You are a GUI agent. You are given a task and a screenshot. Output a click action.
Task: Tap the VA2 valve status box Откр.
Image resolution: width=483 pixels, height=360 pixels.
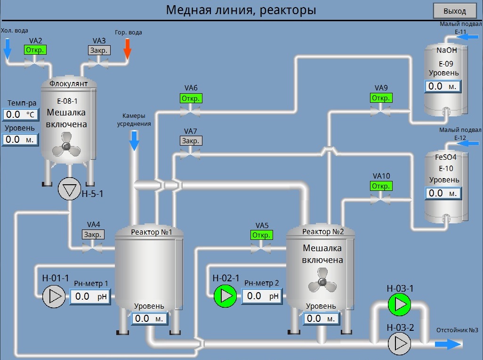tap(35, 50)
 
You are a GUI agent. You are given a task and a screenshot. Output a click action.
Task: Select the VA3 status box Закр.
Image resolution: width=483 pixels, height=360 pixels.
tap(99, 50)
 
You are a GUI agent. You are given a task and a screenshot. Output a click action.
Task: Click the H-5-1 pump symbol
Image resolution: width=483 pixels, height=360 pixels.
tap(70, 190)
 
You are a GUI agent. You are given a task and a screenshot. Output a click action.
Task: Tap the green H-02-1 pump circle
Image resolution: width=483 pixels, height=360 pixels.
tap(225, 296)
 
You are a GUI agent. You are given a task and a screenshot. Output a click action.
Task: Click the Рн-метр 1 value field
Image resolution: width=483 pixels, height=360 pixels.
tap(90, 296)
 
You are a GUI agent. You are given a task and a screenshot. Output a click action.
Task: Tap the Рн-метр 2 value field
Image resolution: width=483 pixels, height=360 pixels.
tap(261, 296)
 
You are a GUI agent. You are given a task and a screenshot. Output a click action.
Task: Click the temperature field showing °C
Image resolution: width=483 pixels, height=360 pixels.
tap(20, 115)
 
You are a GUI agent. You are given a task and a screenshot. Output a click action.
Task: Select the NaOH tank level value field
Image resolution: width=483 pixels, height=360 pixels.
tap(443, 86)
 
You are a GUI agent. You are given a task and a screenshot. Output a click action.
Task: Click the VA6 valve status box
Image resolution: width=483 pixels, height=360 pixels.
tap(191, 98)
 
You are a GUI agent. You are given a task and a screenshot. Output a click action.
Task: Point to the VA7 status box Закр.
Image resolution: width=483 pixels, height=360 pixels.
tap(191, 140)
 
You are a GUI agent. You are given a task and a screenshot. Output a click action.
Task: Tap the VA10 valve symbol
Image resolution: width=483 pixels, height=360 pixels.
tap(380, 200)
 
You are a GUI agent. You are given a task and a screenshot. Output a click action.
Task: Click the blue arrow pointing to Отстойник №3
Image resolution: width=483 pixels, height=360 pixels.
tap(448, 344)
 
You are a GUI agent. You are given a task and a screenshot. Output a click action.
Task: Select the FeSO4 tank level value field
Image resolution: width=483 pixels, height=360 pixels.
tap(443, 193)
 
